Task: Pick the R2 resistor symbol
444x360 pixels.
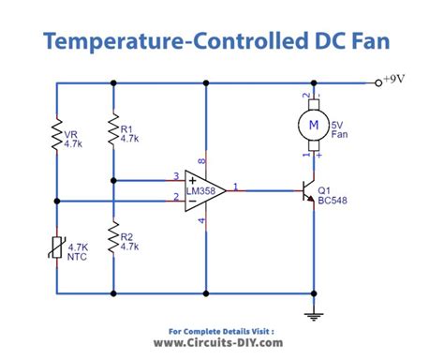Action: (112, 239)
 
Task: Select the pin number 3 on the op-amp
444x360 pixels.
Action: (175, 174)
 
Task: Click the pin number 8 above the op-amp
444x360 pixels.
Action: (200, 160)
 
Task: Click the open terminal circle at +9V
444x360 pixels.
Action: (378, 82)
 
